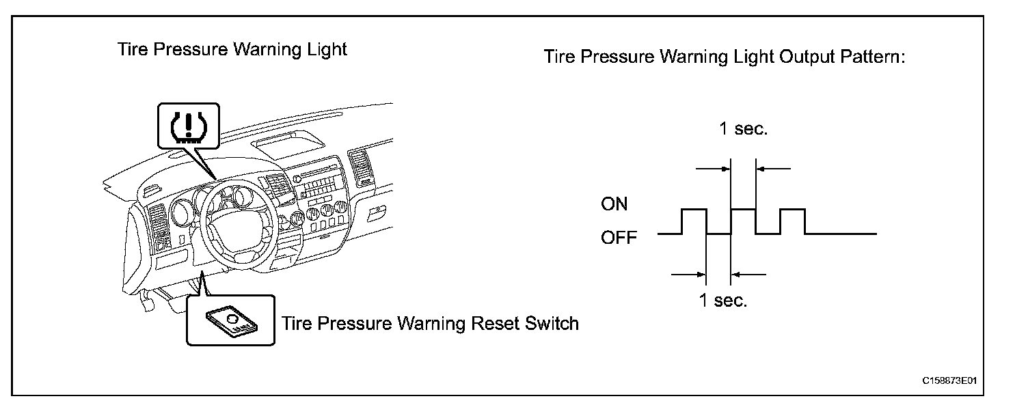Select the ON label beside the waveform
[x=614, y=204]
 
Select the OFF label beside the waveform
[x=619, y=238]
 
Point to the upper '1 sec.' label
[x=743, y=129]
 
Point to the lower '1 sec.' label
[x=722, y=301]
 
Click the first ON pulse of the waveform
[x=694, y=210]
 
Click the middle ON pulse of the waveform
[x=744, y=210]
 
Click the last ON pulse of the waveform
[x=793, y=210]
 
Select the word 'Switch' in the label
[x=552, y=322]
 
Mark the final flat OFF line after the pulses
[x=841, y=234]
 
